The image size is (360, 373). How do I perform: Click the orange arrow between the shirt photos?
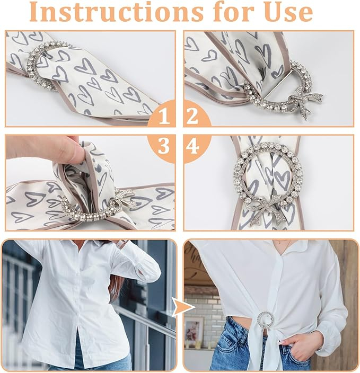pyautogui.click(x=183, y=307)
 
